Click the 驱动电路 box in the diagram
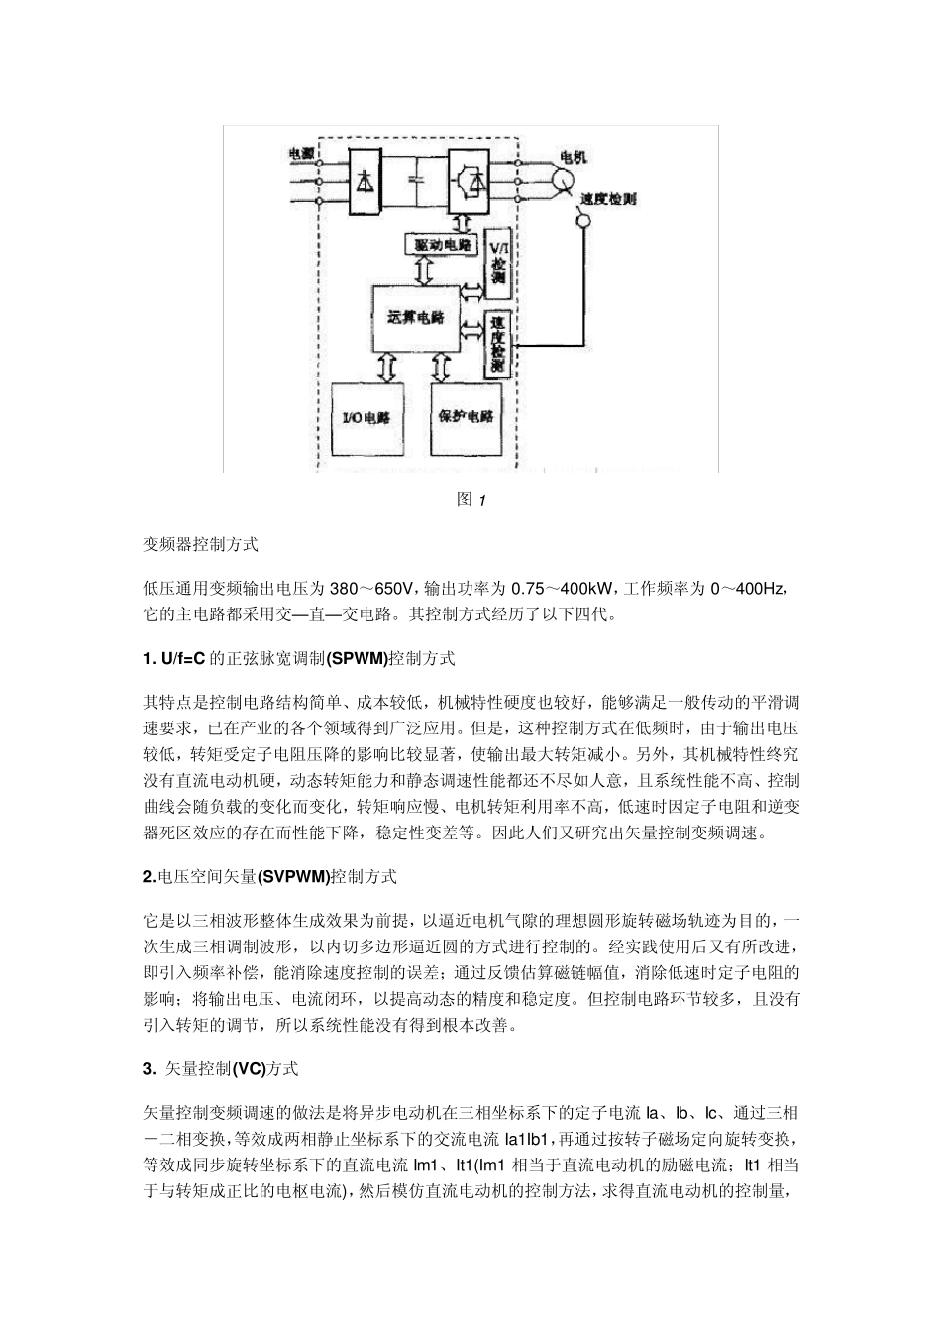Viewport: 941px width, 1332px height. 441,244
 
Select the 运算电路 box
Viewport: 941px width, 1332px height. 415,317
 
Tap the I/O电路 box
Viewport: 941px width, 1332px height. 365,417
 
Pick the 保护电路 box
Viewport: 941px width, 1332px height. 466,417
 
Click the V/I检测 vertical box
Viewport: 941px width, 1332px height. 497,261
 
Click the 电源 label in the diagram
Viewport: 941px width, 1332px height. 301,153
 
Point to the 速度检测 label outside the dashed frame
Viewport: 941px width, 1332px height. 608,198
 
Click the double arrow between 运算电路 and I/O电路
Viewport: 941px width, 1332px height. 385,367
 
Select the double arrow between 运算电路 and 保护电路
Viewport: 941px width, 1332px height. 441,367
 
